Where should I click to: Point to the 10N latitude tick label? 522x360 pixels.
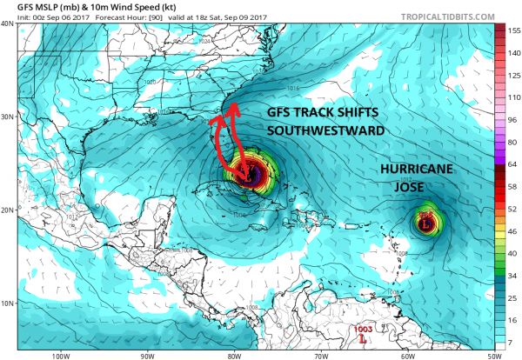point(7,303)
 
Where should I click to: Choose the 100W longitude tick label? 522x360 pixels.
point(60,355)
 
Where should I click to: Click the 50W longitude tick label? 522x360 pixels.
point(494,355)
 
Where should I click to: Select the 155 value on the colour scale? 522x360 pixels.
point(513,30)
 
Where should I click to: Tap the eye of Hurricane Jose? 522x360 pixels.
point(425,224)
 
